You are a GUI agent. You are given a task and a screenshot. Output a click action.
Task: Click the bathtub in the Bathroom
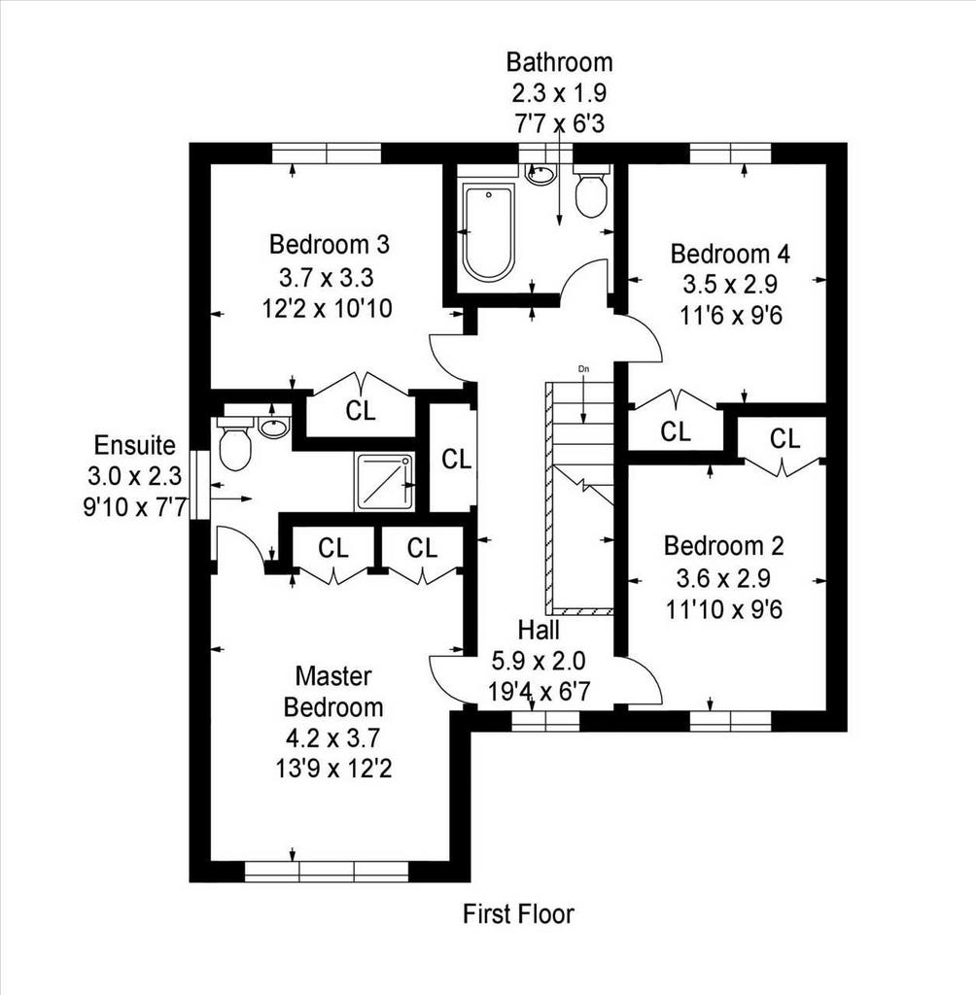[488, 232]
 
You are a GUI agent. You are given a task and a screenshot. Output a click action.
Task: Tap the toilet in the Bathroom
[591, 191]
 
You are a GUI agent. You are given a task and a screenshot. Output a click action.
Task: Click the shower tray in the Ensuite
[384, 482]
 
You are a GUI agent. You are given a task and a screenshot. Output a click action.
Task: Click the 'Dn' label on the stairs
[583, 368]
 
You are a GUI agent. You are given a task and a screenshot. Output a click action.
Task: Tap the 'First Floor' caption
[518, 914]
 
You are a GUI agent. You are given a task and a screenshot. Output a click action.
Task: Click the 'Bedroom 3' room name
[329, 244]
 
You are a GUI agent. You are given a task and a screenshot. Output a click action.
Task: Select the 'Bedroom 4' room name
[730, 254]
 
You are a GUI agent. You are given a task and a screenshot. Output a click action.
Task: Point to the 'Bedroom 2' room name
[724, 546]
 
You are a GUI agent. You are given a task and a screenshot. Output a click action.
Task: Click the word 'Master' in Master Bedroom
[333, 676]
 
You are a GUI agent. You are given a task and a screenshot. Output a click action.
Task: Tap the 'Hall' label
[539, 630]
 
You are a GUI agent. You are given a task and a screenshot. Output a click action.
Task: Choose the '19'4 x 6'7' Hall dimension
[540, 691]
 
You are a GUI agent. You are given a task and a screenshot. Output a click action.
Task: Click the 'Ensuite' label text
[134, 445]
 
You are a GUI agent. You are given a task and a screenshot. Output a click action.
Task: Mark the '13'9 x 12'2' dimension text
[333, 770]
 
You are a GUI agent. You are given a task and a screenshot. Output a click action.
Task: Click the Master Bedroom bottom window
[327, 872]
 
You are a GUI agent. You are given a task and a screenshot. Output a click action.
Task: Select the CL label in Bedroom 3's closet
[361, 411]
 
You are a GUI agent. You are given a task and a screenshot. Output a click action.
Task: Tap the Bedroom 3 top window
[327, 154]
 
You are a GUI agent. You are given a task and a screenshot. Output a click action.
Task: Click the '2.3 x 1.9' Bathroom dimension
[559, 93]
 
